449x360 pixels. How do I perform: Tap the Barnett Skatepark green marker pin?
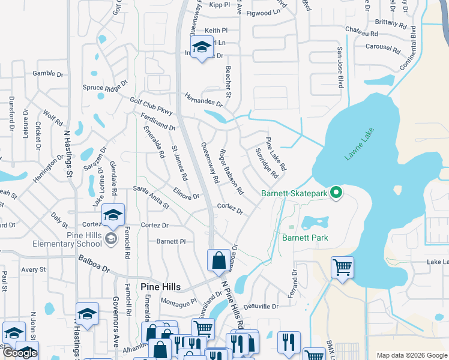click(337, 193)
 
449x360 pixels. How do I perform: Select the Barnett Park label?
click(305, 238)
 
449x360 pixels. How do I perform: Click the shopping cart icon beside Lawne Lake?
click(342, 266)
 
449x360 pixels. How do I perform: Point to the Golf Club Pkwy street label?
click(151, 106)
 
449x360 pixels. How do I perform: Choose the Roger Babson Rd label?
click(231, 172)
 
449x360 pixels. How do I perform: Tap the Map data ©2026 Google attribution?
click(411, 355)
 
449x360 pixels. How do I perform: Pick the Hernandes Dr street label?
click(203, 100)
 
